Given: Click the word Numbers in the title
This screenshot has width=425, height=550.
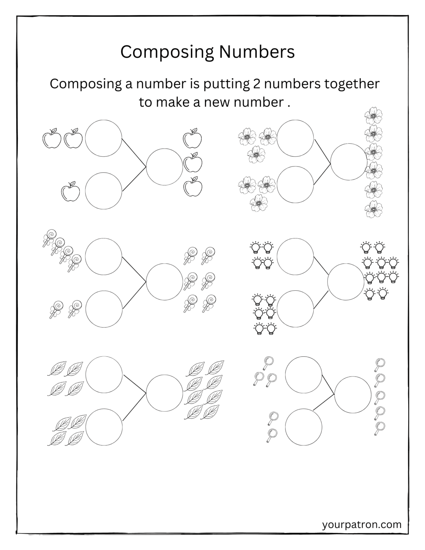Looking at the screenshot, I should [x=257, y=52].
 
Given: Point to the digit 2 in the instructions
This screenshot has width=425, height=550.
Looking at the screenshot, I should [x=254, y=84].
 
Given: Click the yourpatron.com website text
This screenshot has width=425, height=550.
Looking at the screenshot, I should [x=362, y=525].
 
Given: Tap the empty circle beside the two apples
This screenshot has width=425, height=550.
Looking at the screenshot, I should [x=103, y=138].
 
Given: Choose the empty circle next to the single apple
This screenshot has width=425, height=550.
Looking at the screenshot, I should [x=103, y=190].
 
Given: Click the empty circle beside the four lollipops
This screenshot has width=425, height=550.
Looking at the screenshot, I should [x=103, y=256].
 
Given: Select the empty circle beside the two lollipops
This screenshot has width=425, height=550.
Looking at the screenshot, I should [x=103, y=309].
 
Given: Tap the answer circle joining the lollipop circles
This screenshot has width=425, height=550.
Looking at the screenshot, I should [x=165, y=282].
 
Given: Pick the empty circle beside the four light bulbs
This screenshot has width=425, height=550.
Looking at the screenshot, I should [x=295, y=256].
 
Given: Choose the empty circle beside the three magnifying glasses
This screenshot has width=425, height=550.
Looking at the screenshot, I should [x=304, y=375].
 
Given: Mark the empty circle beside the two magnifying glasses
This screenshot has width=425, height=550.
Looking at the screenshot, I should [x=304, y=427].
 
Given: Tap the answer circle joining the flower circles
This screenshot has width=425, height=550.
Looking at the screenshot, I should [x=349, y=161].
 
